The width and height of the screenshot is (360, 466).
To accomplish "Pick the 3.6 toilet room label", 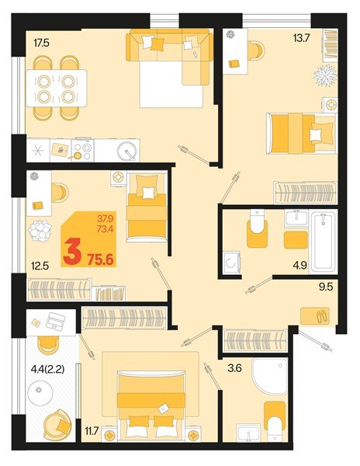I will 233,358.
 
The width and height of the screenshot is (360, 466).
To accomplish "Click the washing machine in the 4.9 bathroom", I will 233,263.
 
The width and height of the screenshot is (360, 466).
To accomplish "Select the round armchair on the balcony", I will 54,426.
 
